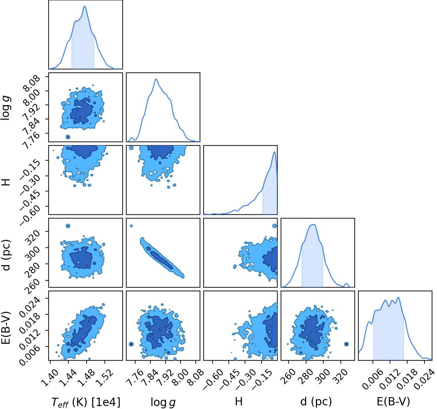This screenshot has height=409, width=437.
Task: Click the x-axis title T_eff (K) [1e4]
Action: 86,402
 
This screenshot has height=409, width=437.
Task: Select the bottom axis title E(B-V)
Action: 393,401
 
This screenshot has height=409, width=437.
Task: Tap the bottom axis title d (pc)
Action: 316,402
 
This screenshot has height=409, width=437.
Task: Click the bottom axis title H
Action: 239,401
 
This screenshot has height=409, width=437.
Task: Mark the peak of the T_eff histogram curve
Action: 85,6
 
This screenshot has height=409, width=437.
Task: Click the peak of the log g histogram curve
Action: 156,79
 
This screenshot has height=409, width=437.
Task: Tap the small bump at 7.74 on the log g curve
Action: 132,138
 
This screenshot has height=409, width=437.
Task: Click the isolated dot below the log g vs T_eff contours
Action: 68,137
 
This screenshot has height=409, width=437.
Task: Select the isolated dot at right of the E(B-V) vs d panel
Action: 346,344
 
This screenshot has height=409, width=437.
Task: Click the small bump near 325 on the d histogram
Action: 346,284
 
